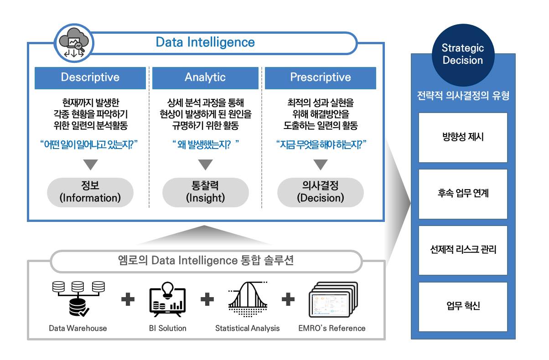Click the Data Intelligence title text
[205, 42]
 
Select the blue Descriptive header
[90, 77]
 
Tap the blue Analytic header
[205, 77]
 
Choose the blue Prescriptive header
[321, 77]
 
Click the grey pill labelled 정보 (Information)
[90, 192]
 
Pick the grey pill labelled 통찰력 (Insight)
[205, 192]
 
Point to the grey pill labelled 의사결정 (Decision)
[320, 192]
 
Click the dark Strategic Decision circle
[462, 54]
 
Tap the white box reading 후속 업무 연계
[463, 194]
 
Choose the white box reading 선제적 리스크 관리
[463, 250]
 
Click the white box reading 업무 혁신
[463, 306]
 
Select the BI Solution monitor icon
[167, 300]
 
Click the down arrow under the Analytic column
[205, 165]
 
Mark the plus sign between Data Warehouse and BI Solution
[128, 299]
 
